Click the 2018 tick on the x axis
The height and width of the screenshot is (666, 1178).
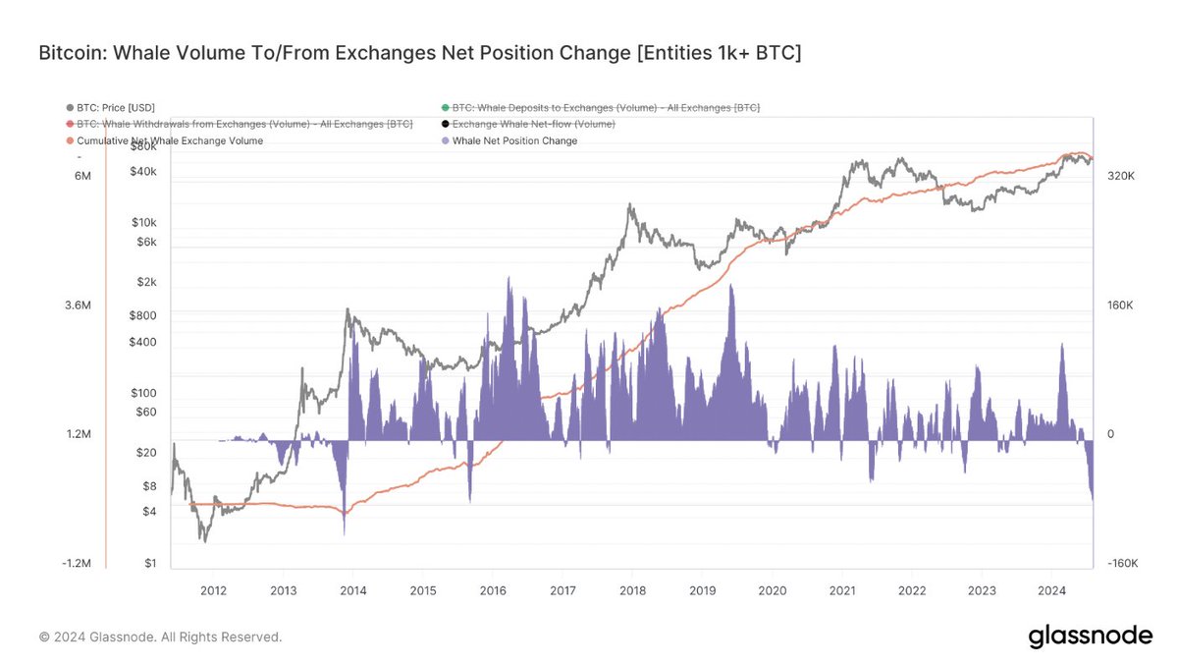click(x=632, y=590)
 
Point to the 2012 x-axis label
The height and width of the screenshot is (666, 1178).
click(x=213, y=590)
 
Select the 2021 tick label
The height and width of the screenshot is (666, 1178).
click(x=842, y=590)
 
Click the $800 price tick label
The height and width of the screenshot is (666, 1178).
click(x=142, y=316)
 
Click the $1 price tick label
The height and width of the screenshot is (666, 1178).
click(x=150, y=564)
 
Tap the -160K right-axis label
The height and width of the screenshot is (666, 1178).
click(x=1120, y=564)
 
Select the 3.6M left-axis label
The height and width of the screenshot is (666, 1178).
click(x=78, y=305)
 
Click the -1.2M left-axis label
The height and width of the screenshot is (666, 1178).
click(x=76, y=564)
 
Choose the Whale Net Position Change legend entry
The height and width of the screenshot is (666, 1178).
click(x=514, y=140)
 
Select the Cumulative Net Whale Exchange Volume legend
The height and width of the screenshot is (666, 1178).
click(x=171, y=140)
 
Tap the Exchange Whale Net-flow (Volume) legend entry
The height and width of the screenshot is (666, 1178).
click(x=533, y=124)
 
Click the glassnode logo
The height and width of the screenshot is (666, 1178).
click(x=1090, y=637)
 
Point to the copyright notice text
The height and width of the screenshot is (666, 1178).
click(x=160, y=638)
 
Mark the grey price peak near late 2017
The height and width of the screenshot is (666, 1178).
click(x=629, y=205)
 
